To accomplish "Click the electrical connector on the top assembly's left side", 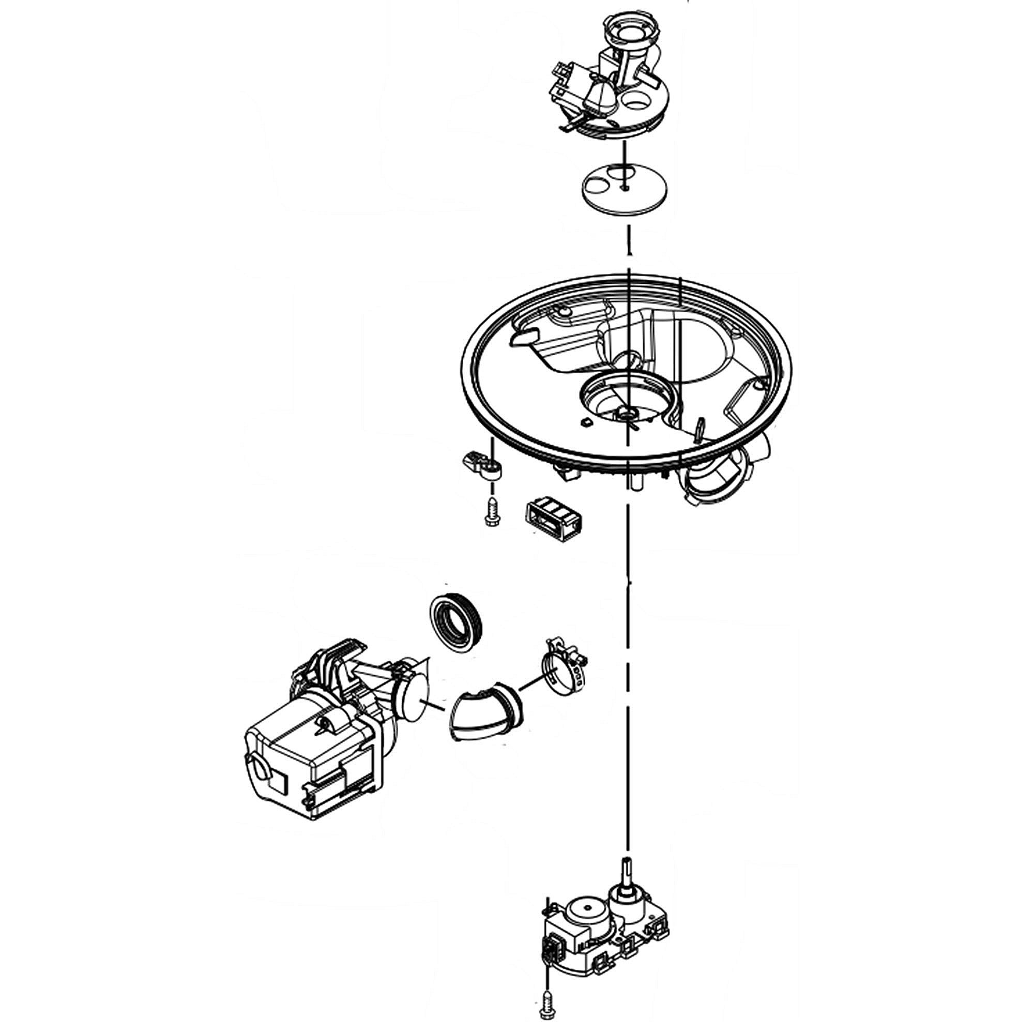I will coord(562,80).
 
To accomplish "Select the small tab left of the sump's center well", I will coord(585,422).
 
